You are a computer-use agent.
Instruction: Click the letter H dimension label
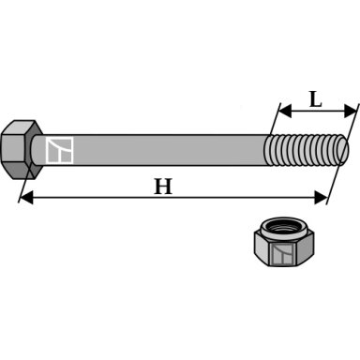[x=163, y=187]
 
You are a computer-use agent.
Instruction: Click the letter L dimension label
[x=316, y=99]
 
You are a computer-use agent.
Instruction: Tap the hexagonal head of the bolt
[x=22, y=150]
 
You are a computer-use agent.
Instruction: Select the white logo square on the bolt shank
[x=59, y=150]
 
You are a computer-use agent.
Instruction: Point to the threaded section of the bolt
[x=306, y=150]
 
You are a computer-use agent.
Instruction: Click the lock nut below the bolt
[x=284, y=242]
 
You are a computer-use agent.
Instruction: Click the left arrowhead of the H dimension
[x=26, y=198]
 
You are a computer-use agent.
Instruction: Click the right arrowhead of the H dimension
[x=321, y=198]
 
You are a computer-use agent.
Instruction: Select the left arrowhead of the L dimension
[x=285, y=111]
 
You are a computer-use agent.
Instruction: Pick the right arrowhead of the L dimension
[x=350, y=111]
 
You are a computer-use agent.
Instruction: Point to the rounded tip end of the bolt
[x=344, y=150]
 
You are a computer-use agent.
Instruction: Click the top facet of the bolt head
[x=22, y=127]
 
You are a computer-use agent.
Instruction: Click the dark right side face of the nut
[x=305, y=247]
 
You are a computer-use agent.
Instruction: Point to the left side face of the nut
[x=262, y=247]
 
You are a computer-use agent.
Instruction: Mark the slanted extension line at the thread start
[x=275, y=118]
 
